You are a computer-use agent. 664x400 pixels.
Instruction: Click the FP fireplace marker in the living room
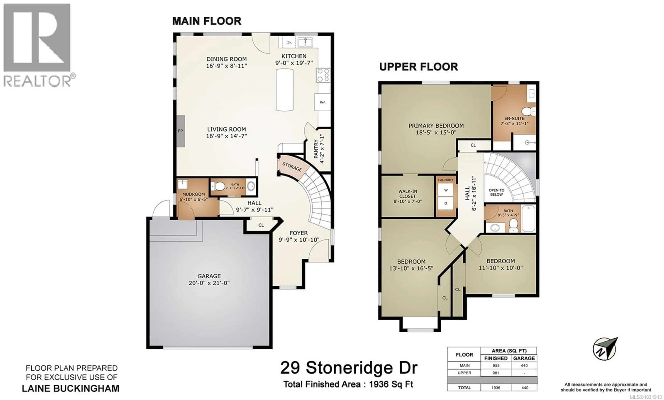(181, 131)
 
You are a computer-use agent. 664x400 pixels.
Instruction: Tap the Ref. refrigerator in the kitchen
(322, 102)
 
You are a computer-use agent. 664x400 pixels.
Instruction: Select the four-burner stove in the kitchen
(323, 75)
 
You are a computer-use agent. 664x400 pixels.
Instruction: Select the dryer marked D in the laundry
(446, 203)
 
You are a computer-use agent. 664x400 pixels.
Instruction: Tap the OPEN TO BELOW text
(496, 192)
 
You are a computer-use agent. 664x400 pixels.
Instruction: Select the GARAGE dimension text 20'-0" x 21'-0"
(209, 283)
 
